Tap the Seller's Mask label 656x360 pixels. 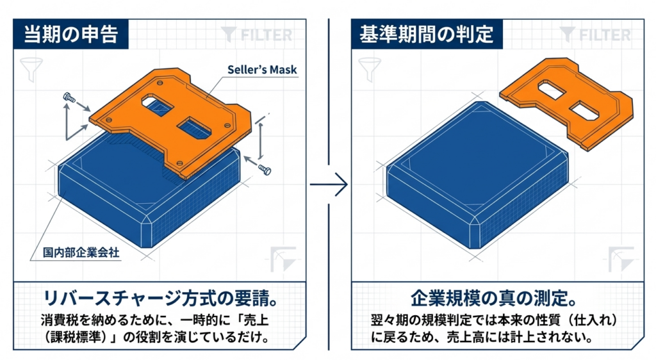click(262, 70)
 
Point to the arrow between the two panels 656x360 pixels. click(329, 185)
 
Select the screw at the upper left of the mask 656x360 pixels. click(69, 98)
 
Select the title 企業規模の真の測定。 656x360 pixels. click(493, 299)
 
